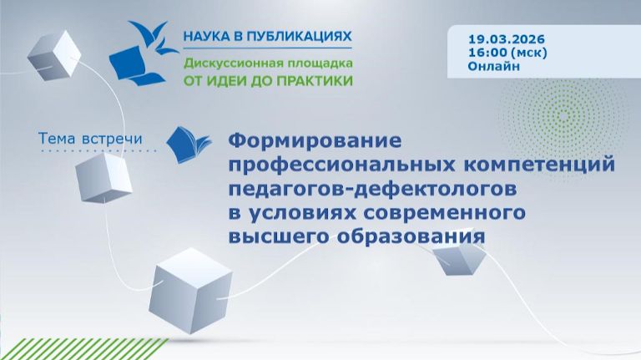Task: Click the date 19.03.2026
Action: (504, 38)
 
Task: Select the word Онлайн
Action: (492, 65)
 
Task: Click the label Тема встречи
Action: (91, 138)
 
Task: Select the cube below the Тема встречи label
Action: (103, 177)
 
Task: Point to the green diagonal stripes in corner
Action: (66, 349)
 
